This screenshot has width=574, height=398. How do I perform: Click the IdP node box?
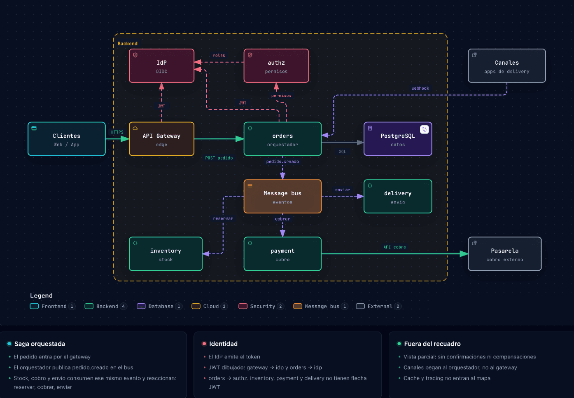pyautogui.click(x=161, y=66)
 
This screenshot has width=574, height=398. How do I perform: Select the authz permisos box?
pyautogui.click(x=276, y=66)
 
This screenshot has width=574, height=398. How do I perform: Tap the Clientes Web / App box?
pyautogui.click(x=67, y=139)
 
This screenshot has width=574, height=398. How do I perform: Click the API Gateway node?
pyautogui.click(x=161, y=139)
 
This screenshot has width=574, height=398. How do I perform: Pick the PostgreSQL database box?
pyautogui.click(x=398, y=139)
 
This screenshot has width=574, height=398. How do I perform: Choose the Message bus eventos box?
pyautogui.click(x=282, y=197)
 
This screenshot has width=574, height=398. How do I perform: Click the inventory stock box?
pyautogui.click(x=166, y=254)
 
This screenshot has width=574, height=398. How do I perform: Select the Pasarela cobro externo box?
pyautogui.click(x=505, y=254)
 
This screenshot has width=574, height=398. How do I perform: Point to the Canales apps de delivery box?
pyautogui.click(x=507, y=66)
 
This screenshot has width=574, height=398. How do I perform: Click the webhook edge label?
pyautogui.click(x=420, y=89)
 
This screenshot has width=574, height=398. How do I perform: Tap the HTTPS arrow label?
pyautogui.click(x=117, y=132)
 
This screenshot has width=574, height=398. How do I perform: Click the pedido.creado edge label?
pyautogui.click(x=282, y=162)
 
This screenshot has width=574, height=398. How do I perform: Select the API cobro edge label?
pyautogui.click(x=394, y=247)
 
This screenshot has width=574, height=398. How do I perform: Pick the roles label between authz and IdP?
pyautogui.click(x=219, y=56)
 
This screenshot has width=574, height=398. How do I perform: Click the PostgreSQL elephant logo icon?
pyautogui.click(x=425, y=129)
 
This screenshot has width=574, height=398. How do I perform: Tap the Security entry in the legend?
pyautogui.click(x=261, y=306)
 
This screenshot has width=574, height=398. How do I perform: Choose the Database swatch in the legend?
pyautogui.click(x=141, y=306)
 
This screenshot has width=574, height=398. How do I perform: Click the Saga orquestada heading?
pyautogui.click(x=40, y=344)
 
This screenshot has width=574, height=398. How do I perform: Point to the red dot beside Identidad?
pyautogui.click(x=204, y=344)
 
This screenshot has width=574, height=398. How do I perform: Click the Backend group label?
pyautogui.click(x=128, y=44)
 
